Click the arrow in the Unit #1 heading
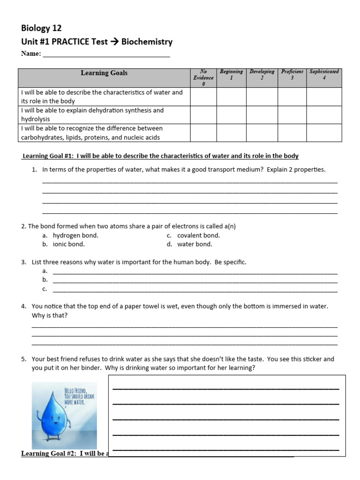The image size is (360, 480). click(114, 42)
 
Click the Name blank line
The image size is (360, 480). click(106, 54)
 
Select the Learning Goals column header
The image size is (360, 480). click(104, 73)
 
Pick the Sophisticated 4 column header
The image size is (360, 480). click(324, 75)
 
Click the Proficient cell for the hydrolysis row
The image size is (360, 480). click(292, 115)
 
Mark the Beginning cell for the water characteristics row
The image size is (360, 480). click(231, 97)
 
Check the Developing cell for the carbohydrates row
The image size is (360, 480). click(262, 133)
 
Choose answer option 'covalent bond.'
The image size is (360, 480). click(198, 235)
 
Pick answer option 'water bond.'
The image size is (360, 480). click(195, 244)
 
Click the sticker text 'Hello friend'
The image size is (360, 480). click(75, 389)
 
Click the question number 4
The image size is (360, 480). click(23, 306)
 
